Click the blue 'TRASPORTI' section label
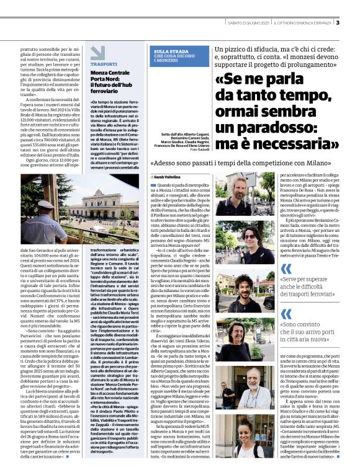coord(103,64)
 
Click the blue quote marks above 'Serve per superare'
coord(286,267)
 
